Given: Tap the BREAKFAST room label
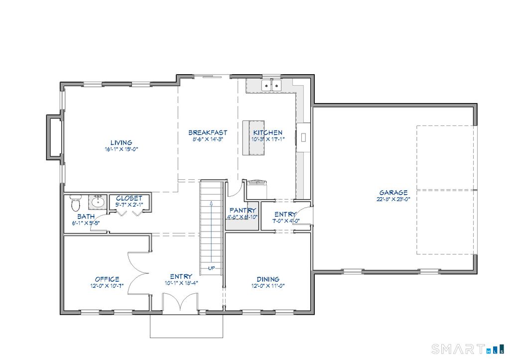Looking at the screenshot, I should [x=207, y=133].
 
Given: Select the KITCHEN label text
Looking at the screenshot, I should [x=267, y=133].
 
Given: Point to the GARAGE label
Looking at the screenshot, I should [x=393, y=193].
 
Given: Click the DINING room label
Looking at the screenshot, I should [x=267, y=279].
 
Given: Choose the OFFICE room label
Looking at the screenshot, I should [x=107, y=279].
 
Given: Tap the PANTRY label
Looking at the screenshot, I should [x=243, y=211].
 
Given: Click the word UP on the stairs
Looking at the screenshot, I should [x=212, y=268].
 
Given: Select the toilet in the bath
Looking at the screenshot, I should [x=75, y=203].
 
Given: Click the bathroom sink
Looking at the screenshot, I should [x=98, y=202].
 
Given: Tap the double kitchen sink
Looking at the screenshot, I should [x=271, y=86].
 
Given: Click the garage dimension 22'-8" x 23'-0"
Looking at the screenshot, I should [x=393, y=199].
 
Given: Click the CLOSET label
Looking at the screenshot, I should [x=129, y=198].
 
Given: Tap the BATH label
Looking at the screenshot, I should [x=86, y=217].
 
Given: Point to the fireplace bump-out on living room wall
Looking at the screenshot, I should [x=54, y=137].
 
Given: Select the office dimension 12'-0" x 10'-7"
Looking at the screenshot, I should [x=107, y=286].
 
